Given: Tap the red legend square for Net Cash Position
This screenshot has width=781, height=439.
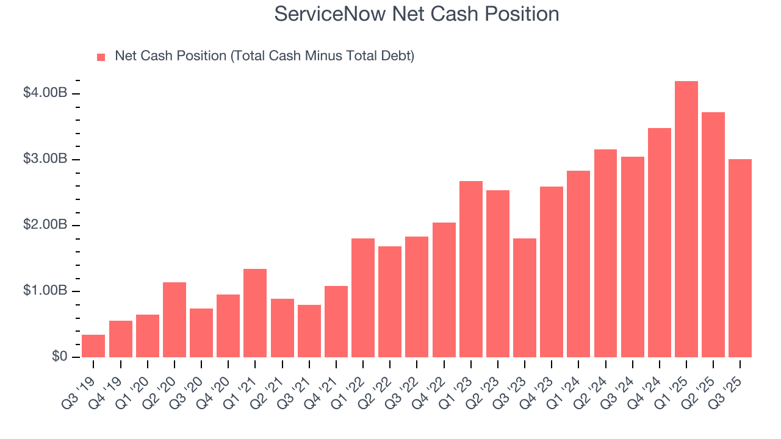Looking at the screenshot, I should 101,57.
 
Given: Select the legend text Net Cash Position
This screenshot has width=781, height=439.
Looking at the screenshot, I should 264,56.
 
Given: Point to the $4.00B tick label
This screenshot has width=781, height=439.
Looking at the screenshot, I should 45,93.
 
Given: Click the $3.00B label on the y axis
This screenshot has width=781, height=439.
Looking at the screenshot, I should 45,159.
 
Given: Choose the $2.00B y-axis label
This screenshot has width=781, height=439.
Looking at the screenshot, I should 45,225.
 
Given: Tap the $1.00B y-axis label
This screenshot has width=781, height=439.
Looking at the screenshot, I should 45,291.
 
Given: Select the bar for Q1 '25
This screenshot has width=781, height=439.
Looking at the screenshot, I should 686,220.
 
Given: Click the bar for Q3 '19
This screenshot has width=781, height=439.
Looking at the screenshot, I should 93,346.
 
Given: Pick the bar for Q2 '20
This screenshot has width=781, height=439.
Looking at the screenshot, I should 175,319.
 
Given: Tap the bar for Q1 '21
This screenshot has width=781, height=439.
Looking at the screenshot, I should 255,313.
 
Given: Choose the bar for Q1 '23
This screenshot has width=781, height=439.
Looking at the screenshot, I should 471,269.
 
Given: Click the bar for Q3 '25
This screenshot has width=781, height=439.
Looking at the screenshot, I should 740,258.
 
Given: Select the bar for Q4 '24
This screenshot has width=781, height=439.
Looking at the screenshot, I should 660,243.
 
